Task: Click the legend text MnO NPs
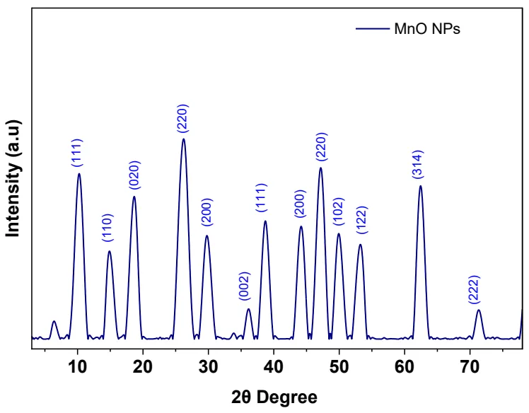coord(428,30)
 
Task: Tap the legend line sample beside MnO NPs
coord(372,30)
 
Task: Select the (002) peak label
coord(245,287)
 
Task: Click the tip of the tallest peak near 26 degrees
coord(184,139)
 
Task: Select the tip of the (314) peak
coord(420,186)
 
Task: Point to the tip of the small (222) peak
coord(479,310)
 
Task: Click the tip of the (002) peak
coord(248,309)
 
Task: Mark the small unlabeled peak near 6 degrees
coord(54,321)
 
